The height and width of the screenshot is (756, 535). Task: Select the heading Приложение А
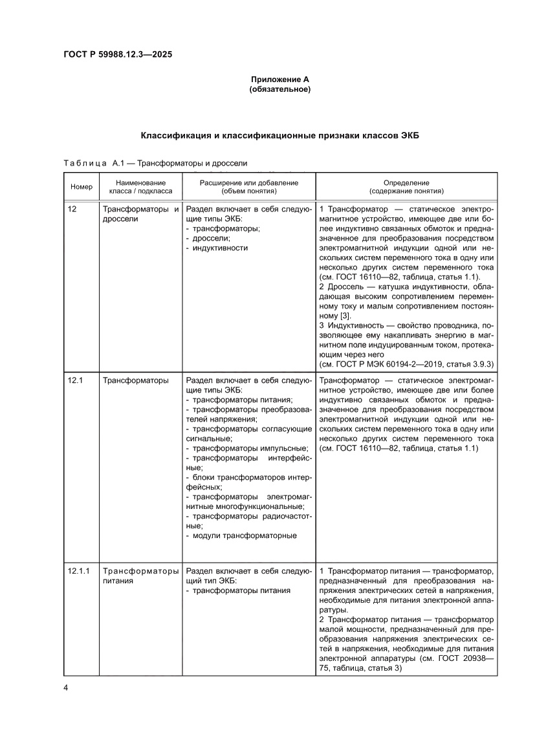tap(280, 80)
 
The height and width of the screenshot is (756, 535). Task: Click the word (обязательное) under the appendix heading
tap(280, 89)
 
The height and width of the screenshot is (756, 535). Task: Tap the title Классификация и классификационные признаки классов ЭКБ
tap(280, 136)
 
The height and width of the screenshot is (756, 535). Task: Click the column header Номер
tap(82, 187)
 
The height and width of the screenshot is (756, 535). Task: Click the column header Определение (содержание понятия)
tap(406, 187)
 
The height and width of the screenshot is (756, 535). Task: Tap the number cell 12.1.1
tap(79, 572)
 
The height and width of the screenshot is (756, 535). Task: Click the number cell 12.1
tap(75, 380)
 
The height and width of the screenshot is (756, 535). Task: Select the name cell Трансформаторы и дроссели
tap(140, 214)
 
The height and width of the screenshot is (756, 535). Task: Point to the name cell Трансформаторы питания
tap(140, 576)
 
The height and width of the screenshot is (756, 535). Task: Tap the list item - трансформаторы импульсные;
tap(247, 448)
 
